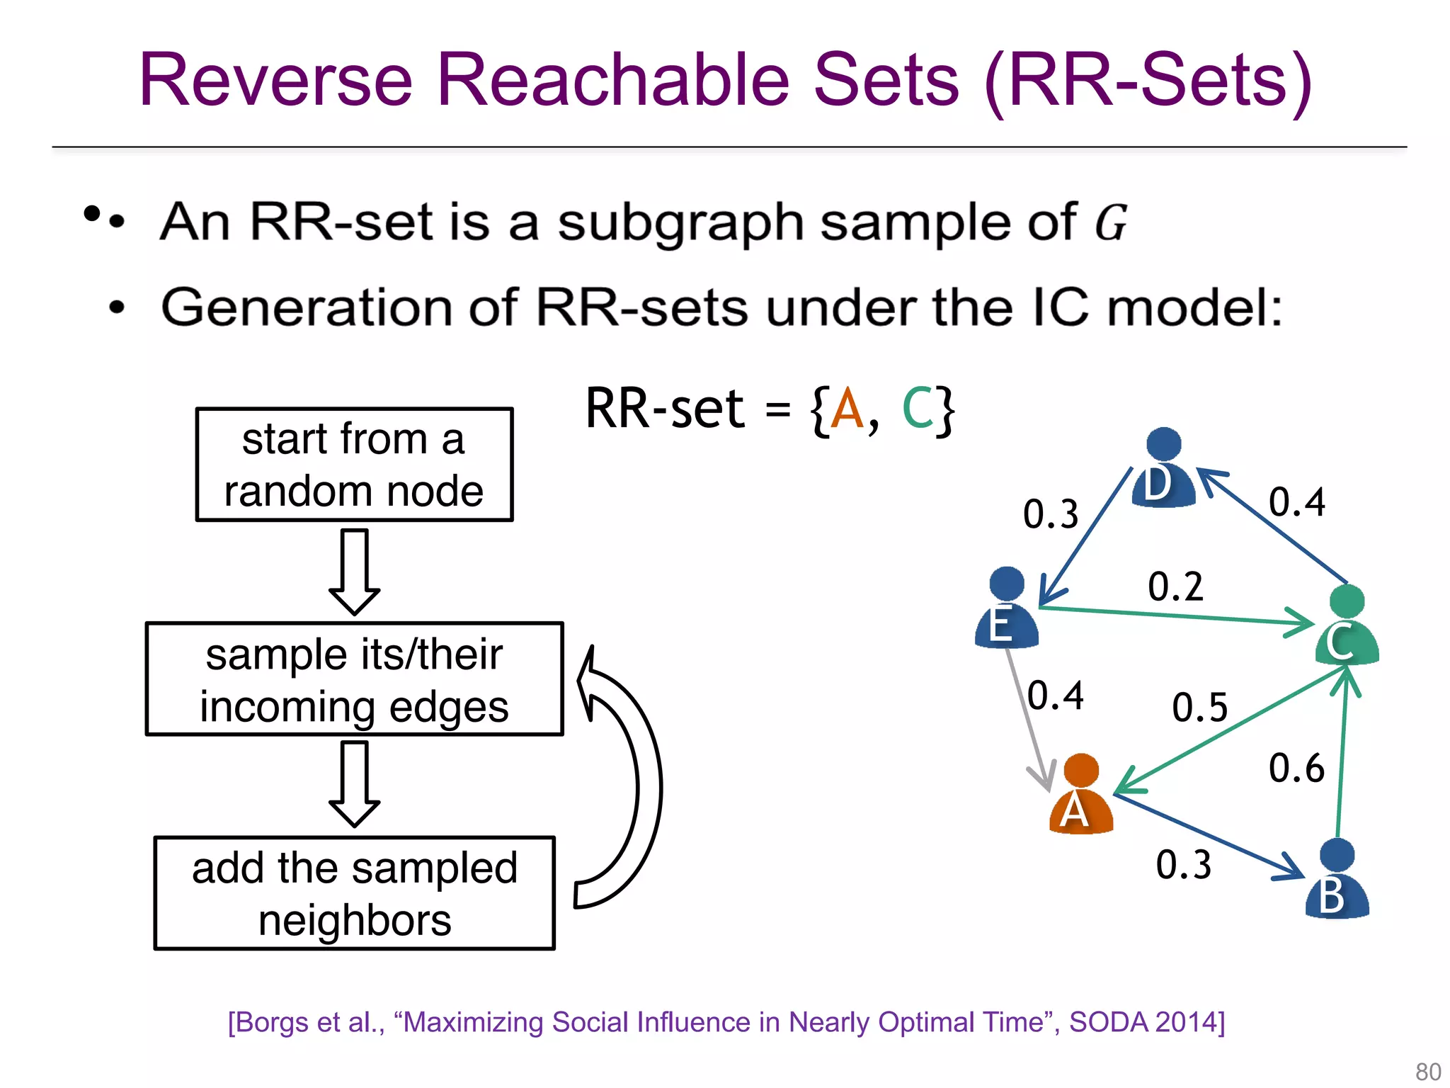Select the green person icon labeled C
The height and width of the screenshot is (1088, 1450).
click(1347, 626)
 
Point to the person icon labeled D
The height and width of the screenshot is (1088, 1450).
click(1163, 469)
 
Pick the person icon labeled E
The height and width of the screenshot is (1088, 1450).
click(1006, 608)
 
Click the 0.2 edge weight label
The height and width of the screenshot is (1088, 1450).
click(1175, 587)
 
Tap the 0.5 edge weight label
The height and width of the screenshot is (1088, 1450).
click(1199, 708)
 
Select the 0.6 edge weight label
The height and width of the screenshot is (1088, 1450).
click(1296, 769)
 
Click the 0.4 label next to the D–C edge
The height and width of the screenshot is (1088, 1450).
click(1296, 502)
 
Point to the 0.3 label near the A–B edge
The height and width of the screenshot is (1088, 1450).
click(1183, 865)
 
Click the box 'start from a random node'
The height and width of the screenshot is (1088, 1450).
click(354, 465)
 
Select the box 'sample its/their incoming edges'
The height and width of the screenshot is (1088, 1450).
click(354, 679)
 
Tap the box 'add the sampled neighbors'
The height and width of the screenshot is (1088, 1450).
click(354, 893)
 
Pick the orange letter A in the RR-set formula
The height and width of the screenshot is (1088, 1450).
click(847, 409)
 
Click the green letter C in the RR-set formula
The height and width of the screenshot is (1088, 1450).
click(918, 409)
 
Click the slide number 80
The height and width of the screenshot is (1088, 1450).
click(1427, 1071)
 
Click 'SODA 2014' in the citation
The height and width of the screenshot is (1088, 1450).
click(1146, 1022)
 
